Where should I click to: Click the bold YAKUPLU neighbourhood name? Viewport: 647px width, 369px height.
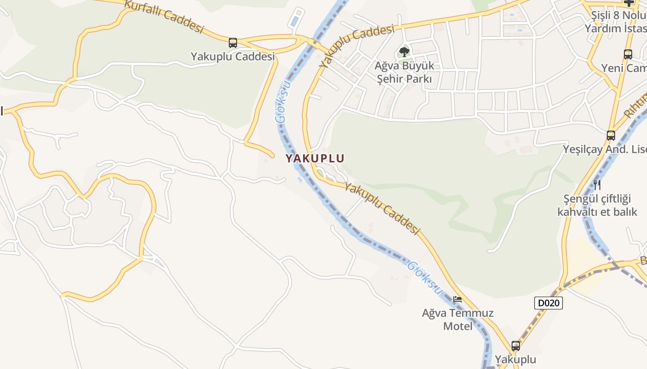[315, 158]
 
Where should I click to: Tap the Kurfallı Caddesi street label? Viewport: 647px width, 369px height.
[164, 17]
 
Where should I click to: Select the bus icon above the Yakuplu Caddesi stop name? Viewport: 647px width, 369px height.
[233, 43]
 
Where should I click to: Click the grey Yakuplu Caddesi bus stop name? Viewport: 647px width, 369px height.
[233, 57]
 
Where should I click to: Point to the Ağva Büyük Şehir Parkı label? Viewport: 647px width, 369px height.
[404, 72]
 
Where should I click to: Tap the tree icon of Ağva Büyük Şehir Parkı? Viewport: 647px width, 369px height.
[404, 52]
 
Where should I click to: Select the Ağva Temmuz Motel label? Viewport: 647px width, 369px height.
[458, 320]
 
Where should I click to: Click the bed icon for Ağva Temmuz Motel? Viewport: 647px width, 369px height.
[458, 299]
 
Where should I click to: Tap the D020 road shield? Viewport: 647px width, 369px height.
[549, 303]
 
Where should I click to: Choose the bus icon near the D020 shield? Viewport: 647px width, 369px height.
[516, 345]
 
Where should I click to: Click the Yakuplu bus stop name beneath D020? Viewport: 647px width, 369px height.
[516, 359]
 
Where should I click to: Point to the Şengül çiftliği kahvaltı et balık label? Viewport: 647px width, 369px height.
[597, 205]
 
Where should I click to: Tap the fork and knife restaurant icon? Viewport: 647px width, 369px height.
[597, 185]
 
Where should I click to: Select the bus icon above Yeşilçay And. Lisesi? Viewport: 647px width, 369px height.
[611, 135]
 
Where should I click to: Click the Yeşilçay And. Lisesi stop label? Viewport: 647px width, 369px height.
[605, 149]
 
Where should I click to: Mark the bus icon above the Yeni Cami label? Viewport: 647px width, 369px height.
[628, 54]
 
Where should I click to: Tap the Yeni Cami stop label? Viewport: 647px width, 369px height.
[624, 68]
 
